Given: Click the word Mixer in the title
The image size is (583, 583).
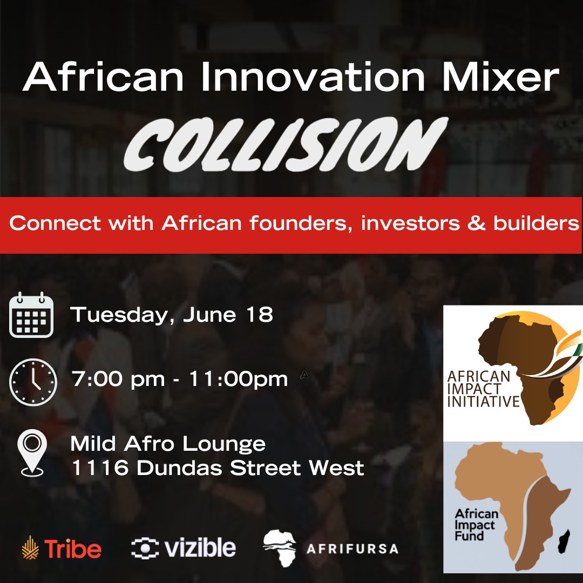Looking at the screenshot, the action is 500,77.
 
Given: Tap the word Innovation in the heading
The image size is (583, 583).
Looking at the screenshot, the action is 313,77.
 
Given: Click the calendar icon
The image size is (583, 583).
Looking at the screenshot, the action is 31,315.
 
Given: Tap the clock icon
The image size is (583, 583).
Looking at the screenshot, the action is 33,382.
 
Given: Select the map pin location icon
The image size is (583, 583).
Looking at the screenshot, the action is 32,453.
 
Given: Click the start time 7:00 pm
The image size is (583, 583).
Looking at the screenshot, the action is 118,380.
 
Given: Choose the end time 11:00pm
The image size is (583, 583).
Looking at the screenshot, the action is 239,380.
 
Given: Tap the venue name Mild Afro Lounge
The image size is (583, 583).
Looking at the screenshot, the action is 168,444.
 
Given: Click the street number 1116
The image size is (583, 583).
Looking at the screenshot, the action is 100,467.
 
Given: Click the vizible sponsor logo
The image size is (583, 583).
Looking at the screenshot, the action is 184,548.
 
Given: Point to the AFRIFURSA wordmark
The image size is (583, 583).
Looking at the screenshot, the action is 352,549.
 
